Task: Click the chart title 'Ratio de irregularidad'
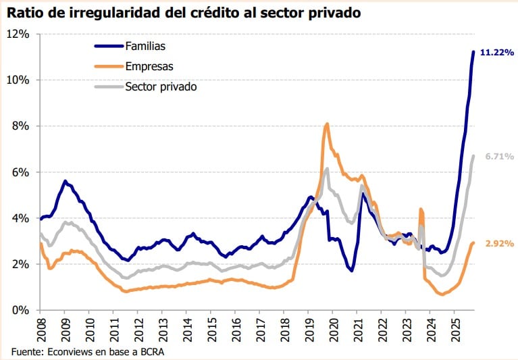point(183,12)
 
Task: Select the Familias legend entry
point(145,46)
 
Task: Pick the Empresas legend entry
point(149,66)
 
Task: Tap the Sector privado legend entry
point(161,86)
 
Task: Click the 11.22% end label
point(497,53)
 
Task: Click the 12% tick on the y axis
point(19,34)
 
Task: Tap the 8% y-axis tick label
point(22,126)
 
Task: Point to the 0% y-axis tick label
point(22,311)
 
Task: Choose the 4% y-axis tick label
point(22,218)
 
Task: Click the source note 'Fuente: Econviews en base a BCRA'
point(88,351)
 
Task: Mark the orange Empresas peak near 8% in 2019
point(327,124)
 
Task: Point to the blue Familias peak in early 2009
point(65,181)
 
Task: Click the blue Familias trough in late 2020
point(352,270)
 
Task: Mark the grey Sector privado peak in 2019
point(327,169)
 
